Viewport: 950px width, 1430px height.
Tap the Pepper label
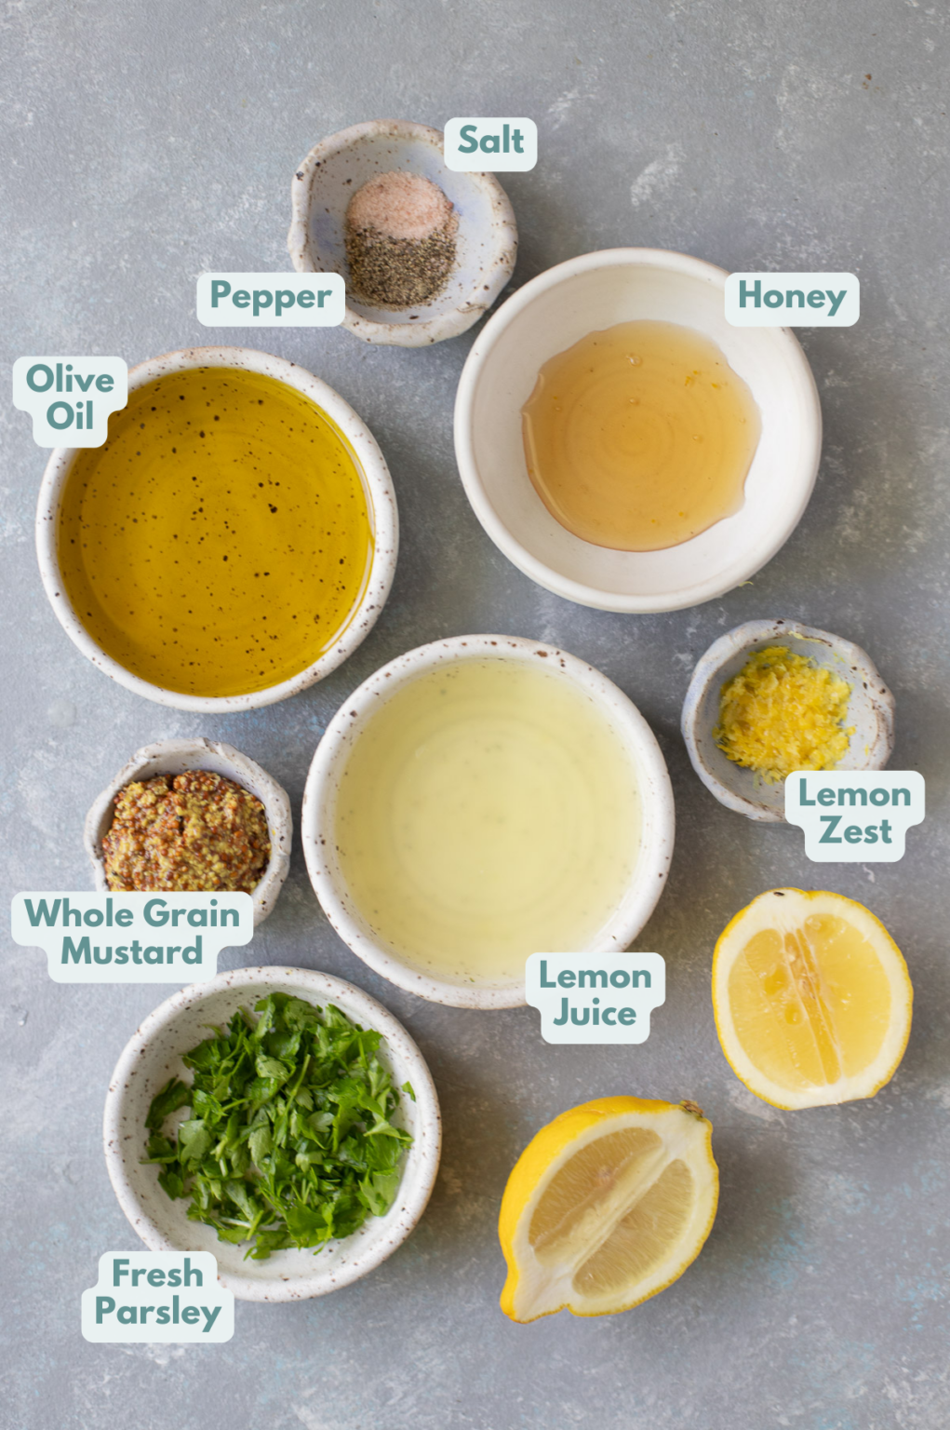(x=271, y=298)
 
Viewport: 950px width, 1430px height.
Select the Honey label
(x=792, y=298)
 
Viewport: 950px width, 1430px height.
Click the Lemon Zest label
(x=854, y=814)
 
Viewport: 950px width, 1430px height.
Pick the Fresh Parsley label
(x=157, y=1294)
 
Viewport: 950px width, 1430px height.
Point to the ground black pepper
(x=400, y=264)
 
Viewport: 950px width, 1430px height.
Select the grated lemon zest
(x=783, y=712)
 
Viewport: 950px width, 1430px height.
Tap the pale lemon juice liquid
(x=488, y=819)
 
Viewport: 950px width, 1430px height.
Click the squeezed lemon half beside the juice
(x=811, y=998)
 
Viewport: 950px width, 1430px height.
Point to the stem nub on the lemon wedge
(x=690, y=1109)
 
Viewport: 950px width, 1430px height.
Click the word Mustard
(x=132, y=952)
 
